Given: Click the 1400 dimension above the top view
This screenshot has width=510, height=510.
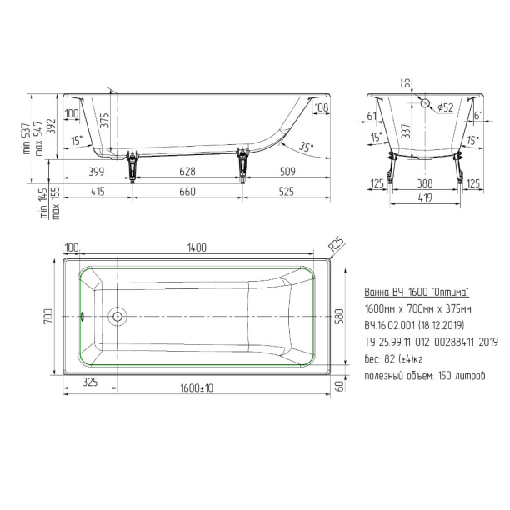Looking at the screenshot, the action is pos(197,247).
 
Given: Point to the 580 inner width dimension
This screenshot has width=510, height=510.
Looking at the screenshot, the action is pos(339,317).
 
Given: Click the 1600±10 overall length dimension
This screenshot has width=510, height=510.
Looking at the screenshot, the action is pos(197,388).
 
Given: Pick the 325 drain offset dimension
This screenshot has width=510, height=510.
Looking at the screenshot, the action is pos(90,382).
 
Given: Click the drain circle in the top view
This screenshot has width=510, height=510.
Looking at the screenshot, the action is pos(117,316).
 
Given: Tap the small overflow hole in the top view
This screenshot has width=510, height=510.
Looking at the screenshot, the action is pos(82,316).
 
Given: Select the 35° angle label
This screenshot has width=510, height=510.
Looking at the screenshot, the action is pos(306,147).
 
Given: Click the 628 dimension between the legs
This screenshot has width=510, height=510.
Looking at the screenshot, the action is pos(187,172).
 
